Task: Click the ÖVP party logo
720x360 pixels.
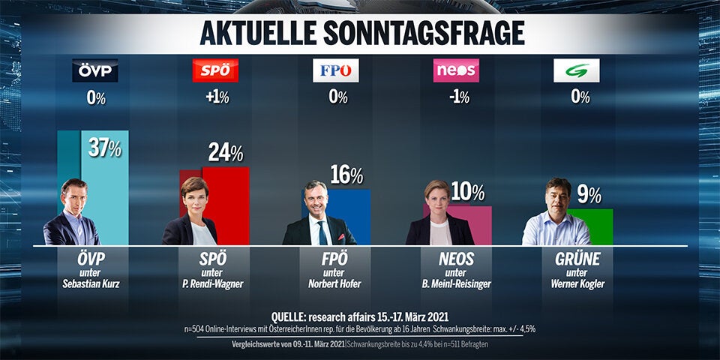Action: (94, 70)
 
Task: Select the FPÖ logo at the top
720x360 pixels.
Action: (335, 70)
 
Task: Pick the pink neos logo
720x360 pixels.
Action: (456, 70)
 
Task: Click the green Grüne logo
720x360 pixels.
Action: (576, 70)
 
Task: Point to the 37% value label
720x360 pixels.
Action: (105, 148)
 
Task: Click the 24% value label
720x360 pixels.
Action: (226, 153)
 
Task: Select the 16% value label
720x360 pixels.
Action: (346, 175)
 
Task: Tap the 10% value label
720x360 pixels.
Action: (467, 192)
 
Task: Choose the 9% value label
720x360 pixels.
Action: (589, 195)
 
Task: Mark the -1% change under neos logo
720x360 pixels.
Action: (456, 97)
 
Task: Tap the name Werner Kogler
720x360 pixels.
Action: (576, 285)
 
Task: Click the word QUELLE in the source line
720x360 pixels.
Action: (292, 315)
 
